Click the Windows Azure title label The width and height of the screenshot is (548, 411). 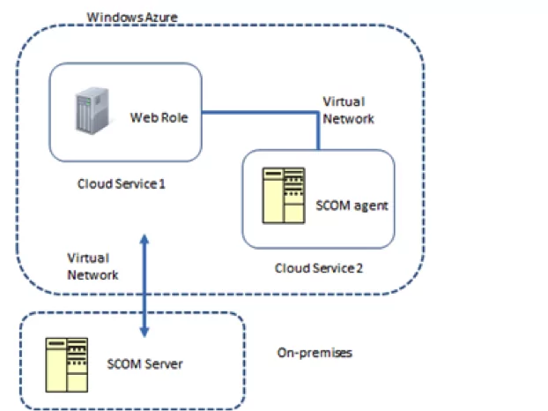[x=132, y=17]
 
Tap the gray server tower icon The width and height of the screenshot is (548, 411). [x=93, y=110]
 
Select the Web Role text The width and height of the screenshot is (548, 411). [x=159, y=117]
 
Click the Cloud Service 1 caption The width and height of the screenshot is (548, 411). [x=121, y=183]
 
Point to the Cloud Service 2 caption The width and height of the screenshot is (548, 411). [x=319, y=268]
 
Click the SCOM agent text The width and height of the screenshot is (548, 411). [x=352, y=205]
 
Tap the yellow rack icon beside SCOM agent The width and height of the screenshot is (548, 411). [x=284, y=195]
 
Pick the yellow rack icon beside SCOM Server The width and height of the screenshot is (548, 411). [x=67, y=365]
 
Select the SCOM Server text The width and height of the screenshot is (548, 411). [x=144, y=364]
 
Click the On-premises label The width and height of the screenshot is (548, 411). [x=315, y=353]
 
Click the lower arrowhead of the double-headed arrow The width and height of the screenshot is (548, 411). [x=144, y=333]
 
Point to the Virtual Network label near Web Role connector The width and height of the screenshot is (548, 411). [x=348, y=110]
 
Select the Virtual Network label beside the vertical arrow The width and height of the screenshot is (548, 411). [x=93, y=266]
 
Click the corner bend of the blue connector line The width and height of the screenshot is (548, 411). [x=318, y=112]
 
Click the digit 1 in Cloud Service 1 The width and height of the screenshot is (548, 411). [x=162, y=183]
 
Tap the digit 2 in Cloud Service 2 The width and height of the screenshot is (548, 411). [x=359, y=268]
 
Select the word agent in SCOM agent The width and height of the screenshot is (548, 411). [x=371, y=206]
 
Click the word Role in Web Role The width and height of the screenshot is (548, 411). [x=174, y=117]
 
